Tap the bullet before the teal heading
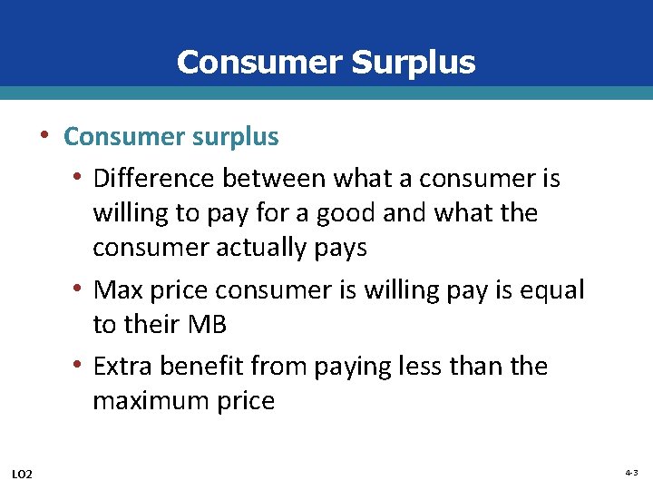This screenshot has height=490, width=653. [x=44, y=136]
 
